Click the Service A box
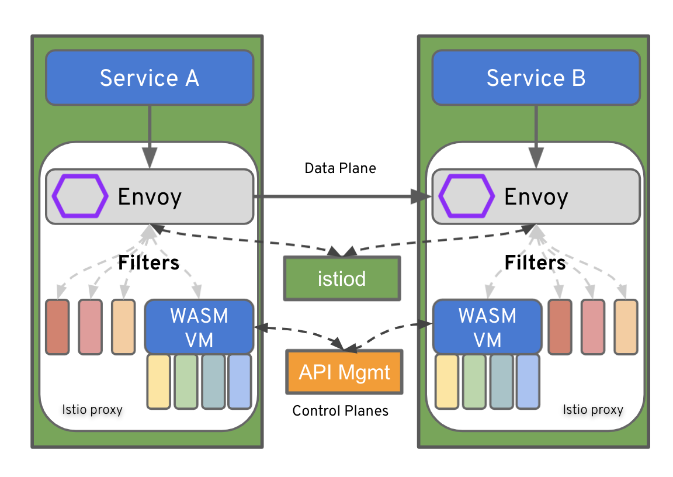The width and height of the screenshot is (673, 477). click(150, 78)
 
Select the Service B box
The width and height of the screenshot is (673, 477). click(536, 78)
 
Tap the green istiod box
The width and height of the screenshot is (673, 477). click(342, 278)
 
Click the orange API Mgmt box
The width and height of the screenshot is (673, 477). click(345, 372)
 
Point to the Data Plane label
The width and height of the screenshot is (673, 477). click(340, 168)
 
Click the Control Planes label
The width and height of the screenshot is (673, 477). click(340, 411)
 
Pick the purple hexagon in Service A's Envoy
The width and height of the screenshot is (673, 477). click(80, 196)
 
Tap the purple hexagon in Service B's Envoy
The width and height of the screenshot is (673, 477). click(466, 196)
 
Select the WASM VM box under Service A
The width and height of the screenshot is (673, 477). click(199, 327)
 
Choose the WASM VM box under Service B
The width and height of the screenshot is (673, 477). click(487, 327)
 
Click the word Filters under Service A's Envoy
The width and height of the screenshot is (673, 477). click(148, 263)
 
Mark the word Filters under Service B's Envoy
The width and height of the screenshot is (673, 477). click(535, 263)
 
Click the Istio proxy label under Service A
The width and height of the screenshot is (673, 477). click(92, 409)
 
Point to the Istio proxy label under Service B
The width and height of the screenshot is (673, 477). click(593, 409)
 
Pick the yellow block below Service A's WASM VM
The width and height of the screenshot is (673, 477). click(158, 381)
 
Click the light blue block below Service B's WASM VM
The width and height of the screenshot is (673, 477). click(528, 381)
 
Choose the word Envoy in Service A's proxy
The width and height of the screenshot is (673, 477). click(150, 197)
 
